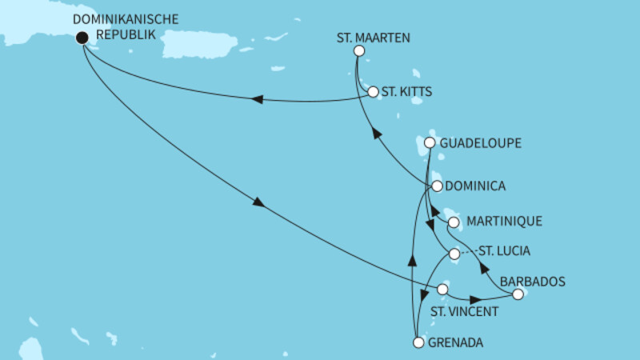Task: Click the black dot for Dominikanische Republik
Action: pos(81,37)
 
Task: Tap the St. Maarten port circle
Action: pos(358,51)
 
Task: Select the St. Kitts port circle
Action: pos(373,92)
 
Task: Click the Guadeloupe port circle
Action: pos(430,143)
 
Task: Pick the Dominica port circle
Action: pos(437,186)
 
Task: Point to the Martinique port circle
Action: pos(453,222)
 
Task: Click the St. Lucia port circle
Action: pos(454,254)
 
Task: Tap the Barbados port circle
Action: pos(518,295)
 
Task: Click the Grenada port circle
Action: pos(418,343)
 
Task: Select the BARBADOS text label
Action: pos(533,281)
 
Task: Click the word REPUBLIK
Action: pos(124,35)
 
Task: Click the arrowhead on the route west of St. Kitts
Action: pos(258,99)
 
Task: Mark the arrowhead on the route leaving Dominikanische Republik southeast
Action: pos(258,203)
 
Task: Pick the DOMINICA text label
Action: pos(478,186)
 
